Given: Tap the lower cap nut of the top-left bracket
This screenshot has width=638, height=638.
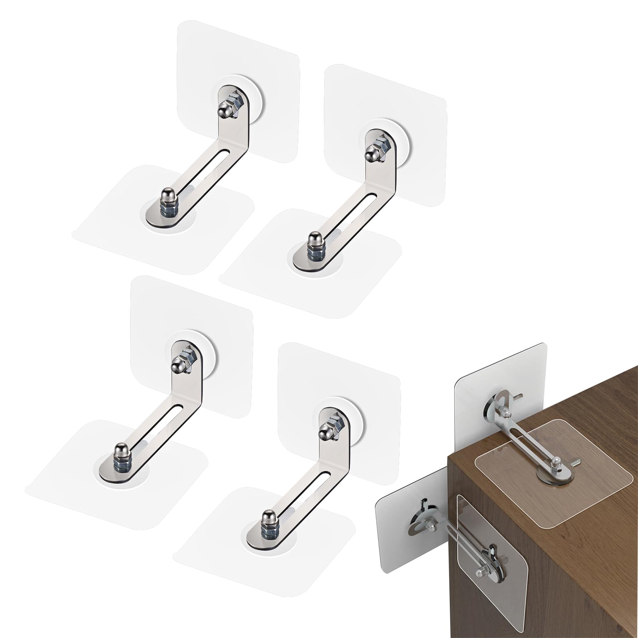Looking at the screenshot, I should pos(166,197).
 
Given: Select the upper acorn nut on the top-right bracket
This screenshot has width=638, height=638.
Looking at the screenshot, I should pos(372,154).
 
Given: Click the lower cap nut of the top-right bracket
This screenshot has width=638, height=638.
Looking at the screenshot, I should pos(313,240).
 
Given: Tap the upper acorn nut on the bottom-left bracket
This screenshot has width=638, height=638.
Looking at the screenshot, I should pos(178,364).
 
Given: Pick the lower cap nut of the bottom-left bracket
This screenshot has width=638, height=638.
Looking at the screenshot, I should pos(120,451).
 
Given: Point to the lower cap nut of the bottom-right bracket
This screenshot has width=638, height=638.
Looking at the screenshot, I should pos(267,518).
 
